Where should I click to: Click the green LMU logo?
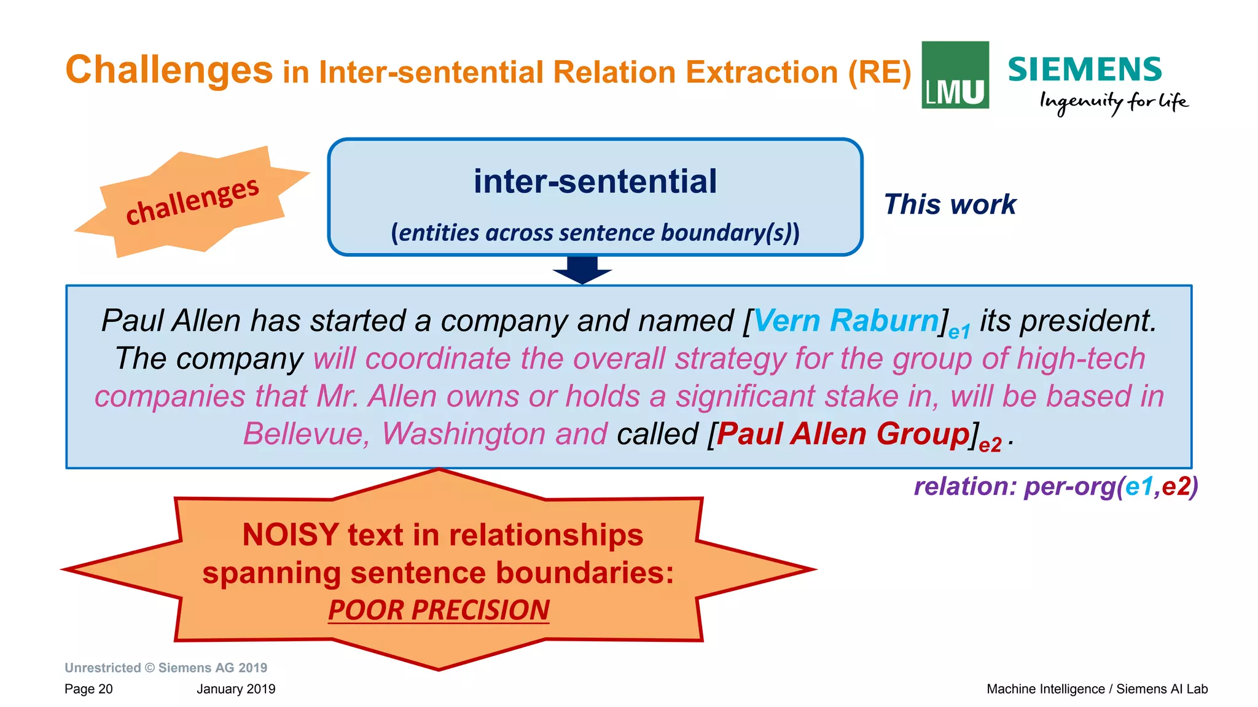(955, 75)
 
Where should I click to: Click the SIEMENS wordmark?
(1084, 69)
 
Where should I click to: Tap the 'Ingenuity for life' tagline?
(1113, 102)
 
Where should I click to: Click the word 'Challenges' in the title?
(169, 69)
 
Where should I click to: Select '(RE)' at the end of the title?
(879, 72)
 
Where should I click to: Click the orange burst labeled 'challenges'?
(192, 201)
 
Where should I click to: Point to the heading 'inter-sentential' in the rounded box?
(595, 181)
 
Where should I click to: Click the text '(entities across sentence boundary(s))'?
(595, 233)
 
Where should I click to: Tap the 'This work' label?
(950, 204)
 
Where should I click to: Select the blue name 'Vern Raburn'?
(846, 321)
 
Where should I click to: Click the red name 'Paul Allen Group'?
(843, 434)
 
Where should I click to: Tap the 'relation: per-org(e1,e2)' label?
(1055, 486)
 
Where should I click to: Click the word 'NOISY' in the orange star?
(290, 534)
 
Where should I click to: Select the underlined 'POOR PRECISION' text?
(439, 610)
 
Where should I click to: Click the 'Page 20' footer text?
(88, 689)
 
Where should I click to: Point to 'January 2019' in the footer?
(236, 689)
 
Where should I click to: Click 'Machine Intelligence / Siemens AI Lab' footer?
(1096, 689)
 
